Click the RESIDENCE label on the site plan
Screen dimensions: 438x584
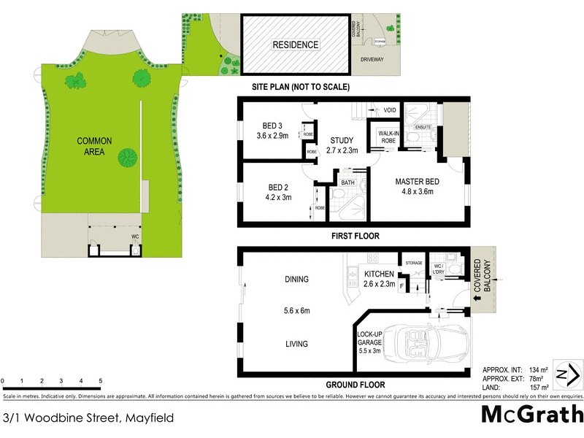[x=296, y=45]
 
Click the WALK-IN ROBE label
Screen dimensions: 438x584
[x=388, y=137]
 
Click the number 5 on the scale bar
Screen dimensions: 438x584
[x=100, y=381]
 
